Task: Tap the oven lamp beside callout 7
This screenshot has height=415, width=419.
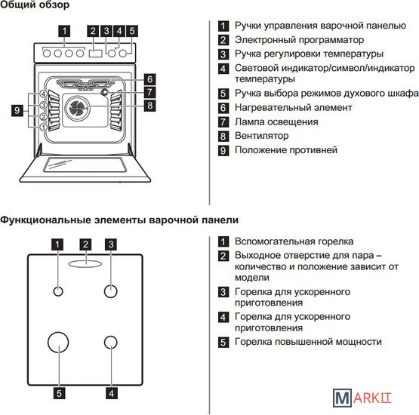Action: (x=104, y=92)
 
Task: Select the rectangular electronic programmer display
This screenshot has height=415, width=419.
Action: (x=95, y=54)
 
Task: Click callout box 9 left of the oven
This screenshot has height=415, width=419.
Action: (x=17, y=110)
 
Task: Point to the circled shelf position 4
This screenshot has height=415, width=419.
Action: (x=44, y=94)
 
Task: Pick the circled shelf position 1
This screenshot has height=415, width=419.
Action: (x=44, y=127)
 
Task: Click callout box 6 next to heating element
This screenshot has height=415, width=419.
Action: (x=149, y=79)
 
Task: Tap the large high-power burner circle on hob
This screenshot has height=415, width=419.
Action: (x=58, y=342)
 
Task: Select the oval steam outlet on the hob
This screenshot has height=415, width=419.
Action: (x=85, y=264)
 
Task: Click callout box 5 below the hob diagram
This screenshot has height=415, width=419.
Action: (x=60, y=393)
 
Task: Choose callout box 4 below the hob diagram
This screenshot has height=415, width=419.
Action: (x=112, y=393)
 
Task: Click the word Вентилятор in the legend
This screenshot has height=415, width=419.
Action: (x=262, y=136)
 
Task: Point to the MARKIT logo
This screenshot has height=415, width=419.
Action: (x=362, y=398)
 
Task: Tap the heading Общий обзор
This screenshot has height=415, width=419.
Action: (x=35, y=5)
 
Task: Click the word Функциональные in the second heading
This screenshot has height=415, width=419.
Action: (x=45, y=220)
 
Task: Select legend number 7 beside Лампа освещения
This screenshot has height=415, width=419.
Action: (x=223, y=122)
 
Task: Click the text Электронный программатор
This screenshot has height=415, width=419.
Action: (x=299, y=40)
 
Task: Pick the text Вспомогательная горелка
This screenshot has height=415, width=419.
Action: (x=294, y=241)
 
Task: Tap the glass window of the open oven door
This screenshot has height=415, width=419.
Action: (x=85, y=164)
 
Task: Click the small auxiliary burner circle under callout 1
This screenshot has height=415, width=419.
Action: (x=58, y=291)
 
